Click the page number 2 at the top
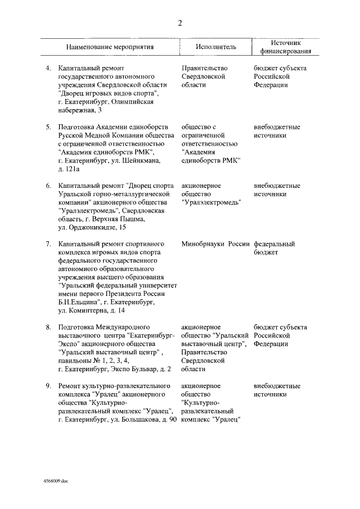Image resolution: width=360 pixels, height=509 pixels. pyautogui.click(x=179, y=23)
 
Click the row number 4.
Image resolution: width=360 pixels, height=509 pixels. pyautogui.click(x=48, y=67)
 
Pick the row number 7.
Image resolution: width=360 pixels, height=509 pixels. pyautogui.click(x=48, y=245)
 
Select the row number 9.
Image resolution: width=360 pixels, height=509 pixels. pyautogui.click(x=48, y=386)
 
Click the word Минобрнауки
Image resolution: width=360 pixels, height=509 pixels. pyautogui.click(x=201, y=245)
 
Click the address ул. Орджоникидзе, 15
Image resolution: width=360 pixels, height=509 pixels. pyautogui.click(x=92, y=228)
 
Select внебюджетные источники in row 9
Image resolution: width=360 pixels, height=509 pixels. pyautogui.click(x=277, y=390)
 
